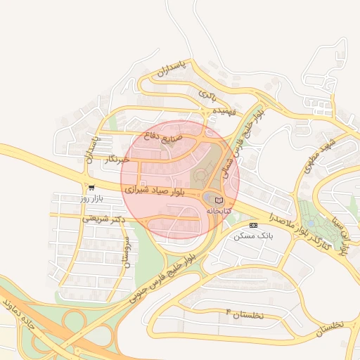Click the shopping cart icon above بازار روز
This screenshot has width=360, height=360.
[91, 188]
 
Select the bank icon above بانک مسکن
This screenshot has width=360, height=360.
[253, 226]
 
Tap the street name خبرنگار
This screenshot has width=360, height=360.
[116, 160]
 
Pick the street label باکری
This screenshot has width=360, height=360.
[207, 94]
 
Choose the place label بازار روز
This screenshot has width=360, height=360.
[91, 199]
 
